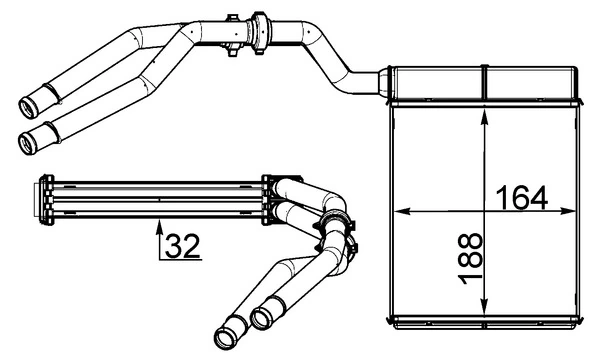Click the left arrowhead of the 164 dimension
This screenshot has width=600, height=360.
pos(402,211)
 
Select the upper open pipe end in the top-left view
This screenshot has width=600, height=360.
pos(29,104)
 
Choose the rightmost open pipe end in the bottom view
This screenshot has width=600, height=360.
pos(262,317)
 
